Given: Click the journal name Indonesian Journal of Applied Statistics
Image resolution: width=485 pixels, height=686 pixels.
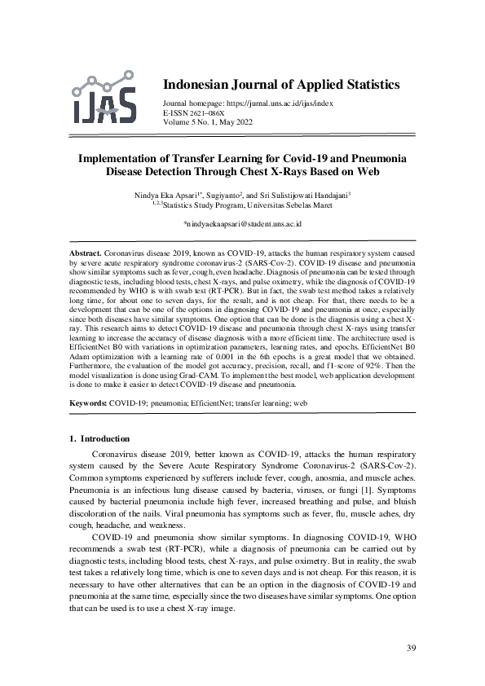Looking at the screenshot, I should point(281,85).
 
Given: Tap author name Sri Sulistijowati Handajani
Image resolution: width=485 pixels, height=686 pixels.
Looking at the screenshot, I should point(315,196).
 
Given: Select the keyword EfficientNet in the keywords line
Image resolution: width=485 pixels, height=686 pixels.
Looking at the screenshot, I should point(207,402).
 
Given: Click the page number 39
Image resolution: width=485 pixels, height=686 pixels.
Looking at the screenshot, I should point(411,648).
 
